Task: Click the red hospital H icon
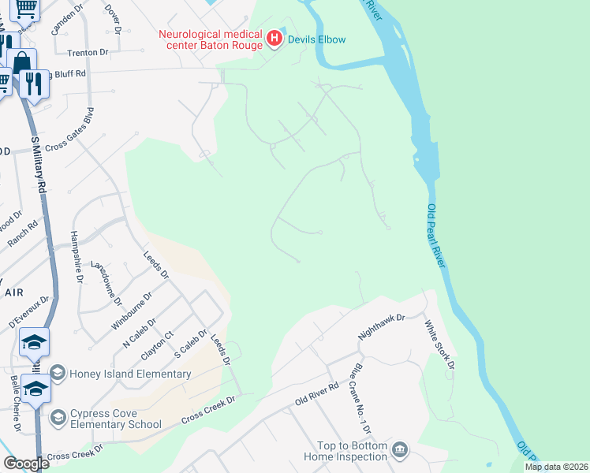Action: coord(274,39)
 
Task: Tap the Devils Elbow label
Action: coord(316,39)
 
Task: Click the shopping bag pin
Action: coord(22,62)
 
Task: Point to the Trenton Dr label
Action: coord(87,52)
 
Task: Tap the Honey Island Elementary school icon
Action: coord(58,372)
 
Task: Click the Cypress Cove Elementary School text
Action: coord(116,418)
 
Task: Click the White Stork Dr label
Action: coord(439,345)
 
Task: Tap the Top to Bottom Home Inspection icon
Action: coord(400,449)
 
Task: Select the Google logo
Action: coord(26,464)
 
